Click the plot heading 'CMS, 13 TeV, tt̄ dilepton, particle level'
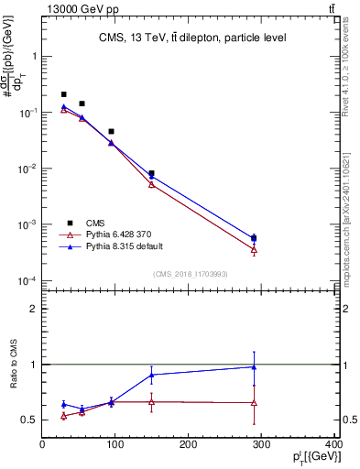191,38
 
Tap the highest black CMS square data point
63,94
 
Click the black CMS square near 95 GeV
111,132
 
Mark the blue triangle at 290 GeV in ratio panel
254,367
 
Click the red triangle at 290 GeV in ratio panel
254,403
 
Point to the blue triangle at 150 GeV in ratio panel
151,375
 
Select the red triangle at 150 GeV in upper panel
151,184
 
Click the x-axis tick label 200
189,445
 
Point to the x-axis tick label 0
42,445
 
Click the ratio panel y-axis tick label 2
35,309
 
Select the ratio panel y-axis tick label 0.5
30,420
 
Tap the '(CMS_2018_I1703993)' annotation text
191,274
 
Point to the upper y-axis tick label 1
36,56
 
